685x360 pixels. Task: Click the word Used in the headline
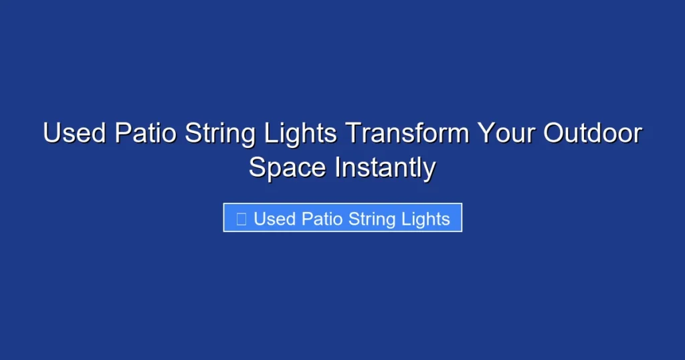(74, 134)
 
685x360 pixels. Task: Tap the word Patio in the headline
(145, 134)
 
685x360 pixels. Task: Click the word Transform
(407, 134)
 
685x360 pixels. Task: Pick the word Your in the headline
(506, 134)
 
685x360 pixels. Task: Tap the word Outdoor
(592, 134)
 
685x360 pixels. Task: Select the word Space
(288, 168)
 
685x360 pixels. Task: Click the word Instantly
(385, 168)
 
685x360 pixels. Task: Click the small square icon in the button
(241, 218)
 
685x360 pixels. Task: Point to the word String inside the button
(375, 219)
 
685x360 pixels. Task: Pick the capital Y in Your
(484, 134)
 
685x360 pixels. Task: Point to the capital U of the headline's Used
(52, 134)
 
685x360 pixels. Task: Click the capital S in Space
(257, 167)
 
